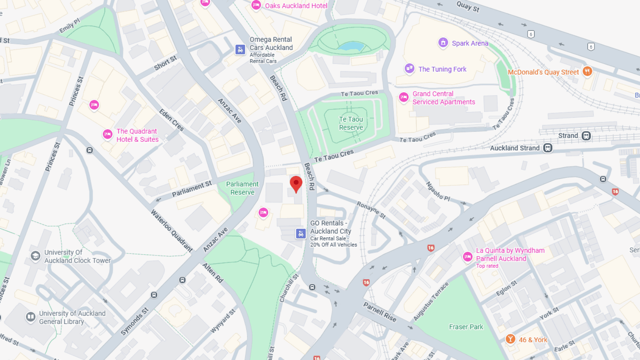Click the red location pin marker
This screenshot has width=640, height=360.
tap(296, 184)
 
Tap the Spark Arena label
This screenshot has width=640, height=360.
tap(470, 43)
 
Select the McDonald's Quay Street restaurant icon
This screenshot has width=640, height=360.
tap(587, 71)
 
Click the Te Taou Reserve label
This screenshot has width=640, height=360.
tap(351, 123)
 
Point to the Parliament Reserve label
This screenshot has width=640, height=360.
tap(242, 188)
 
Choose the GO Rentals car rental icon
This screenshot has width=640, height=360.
tap(301, 234)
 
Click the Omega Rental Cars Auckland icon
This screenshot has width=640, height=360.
tap(240, 50)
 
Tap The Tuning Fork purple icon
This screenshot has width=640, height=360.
tap(409, 68)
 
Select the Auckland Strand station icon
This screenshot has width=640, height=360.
tap(548, 148)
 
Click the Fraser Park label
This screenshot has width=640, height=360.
tap(466, 327)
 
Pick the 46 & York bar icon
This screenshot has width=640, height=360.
tap(510, 339)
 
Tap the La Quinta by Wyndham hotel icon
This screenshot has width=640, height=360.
tap(468, 257)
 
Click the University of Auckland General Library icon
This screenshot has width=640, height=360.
tap(31, 317)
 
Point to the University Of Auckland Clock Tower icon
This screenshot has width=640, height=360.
tap(36, 256)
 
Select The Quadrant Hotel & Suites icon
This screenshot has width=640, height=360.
tap(107, 134)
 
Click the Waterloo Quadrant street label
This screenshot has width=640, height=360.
tap(171, 230)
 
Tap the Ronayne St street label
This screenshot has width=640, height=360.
tap(371, 210)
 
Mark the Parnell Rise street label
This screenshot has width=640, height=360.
tap(380, 312)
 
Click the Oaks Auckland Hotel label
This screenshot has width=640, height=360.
tap(296, 6)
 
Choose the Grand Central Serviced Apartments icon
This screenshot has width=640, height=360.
tap(404, 97)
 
